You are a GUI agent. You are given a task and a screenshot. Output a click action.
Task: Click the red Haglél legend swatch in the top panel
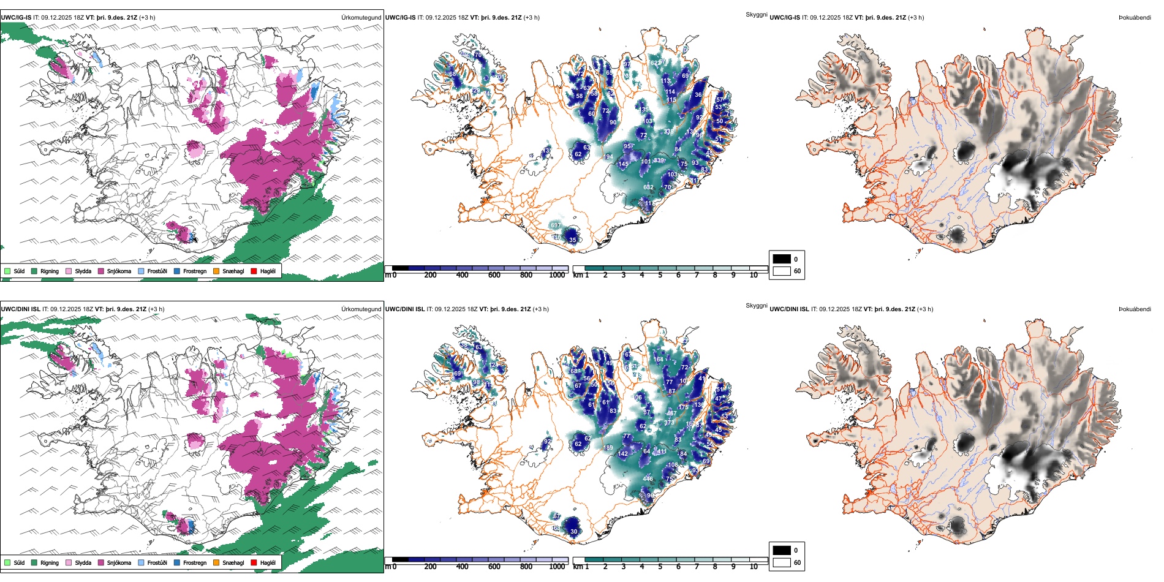254,271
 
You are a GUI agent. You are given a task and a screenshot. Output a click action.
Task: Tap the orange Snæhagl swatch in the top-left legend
216,271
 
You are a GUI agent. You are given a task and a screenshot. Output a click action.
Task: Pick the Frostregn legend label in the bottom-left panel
195,562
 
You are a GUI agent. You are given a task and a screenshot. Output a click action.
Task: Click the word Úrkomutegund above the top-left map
361,18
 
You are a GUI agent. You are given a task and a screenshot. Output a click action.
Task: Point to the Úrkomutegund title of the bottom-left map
361,309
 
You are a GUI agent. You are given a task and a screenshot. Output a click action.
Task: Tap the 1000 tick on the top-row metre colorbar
557,275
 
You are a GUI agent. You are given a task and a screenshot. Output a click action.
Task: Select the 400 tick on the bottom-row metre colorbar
463,567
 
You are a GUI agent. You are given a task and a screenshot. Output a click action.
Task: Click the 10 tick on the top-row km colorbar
754,275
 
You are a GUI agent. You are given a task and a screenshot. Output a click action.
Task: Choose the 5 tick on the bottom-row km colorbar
660,567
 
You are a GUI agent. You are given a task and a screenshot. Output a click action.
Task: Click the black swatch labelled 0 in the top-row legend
782,259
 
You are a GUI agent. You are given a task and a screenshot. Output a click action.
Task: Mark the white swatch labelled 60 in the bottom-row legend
782,562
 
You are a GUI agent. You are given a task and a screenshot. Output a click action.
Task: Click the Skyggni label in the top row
756,15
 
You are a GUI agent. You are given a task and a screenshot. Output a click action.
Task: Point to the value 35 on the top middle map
573,240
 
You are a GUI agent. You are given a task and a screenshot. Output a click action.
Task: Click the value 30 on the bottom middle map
574,532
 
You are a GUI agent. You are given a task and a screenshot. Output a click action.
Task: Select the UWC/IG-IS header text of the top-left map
16,18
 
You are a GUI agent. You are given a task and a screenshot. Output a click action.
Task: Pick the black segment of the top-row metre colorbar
400,268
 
